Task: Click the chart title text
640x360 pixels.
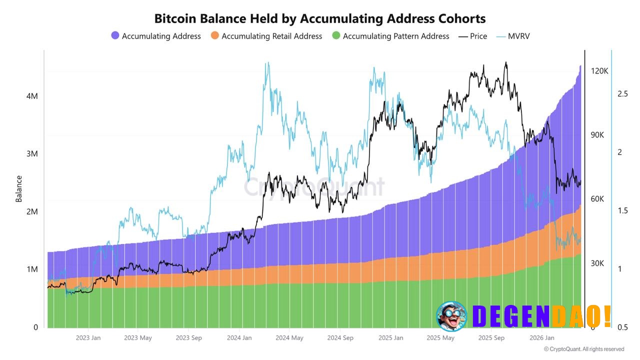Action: tap(320, 18)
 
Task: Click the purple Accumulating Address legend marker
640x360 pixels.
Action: tap(115, 36)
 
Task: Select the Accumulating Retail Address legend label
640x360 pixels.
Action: tap(271, 36)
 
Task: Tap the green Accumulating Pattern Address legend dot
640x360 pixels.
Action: tap(336, 36)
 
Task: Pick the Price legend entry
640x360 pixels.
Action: tap(473, 36)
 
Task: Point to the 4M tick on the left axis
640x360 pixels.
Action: tap(32, 95)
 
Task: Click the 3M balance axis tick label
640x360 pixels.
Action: tap(32, 153)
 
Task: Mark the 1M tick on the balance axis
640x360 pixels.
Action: tap(32, 269)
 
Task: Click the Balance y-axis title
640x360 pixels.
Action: tap(19, 188)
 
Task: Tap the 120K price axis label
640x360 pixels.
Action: tap(599, 71)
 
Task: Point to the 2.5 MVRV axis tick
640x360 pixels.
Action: tap(622, 94)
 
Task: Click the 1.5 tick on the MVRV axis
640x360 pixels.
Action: tap(622, 210)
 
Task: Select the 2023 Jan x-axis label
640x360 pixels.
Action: tap(88, 338)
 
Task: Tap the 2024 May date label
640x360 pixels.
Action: tap(289, 338)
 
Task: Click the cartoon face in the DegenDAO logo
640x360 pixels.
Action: tap(451, 316)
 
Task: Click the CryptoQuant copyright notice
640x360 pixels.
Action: tap(583, 349)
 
